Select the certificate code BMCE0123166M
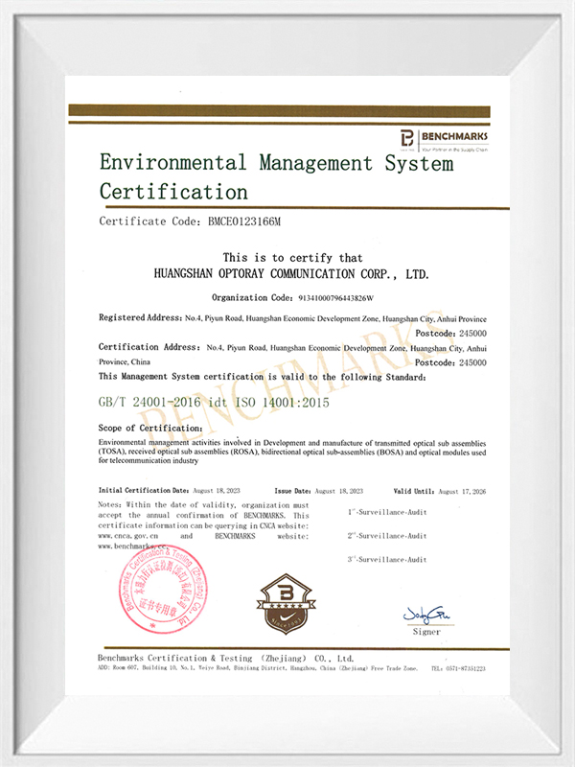point(244,221)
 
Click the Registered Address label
point(140,317)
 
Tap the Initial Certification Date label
point(146,489)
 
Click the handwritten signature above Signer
point(426,614)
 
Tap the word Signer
point(427,631)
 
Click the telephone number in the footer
point(458,668)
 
